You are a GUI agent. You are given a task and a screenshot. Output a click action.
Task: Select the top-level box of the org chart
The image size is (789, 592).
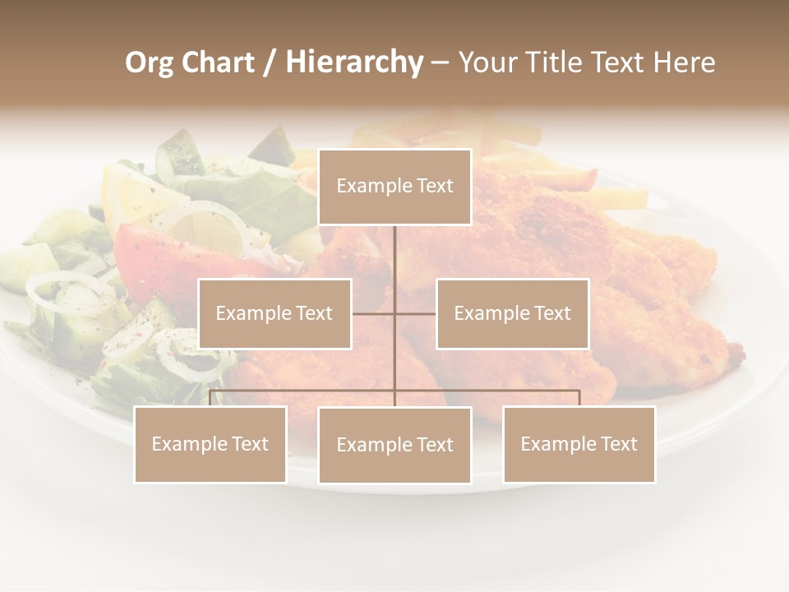pos(394,187)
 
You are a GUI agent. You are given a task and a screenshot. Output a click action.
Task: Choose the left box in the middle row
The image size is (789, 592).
pos(275,313)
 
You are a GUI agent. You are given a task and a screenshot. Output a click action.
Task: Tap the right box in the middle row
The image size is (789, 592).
pos(512,313)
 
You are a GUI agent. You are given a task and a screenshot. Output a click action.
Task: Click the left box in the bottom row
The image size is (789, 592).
pos(210,444)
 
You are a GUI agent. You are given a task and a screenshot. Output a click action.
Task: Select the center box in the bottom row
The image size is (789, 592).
pos(394,445)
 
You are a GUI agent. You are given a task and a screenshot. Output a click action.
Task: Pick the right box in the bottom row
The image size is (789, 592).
pos(579,444)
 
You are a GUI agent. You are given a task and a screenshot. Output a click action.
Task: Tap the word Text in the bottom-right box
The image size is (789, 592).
pos(618,444)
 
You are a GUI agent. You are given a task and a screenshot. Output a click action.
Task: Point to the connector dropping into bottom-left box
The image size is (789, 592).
pos(210,398)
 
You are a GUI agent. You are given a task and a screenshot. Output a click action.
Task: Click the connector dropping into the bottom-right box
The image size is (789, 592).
pos(579,398)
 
